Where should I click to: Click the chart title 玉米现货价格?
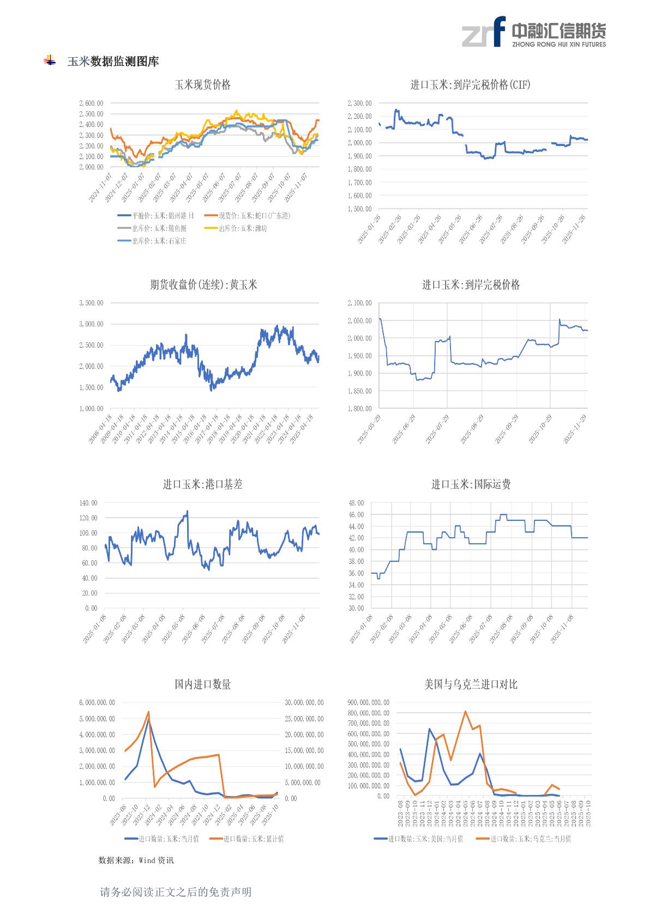pyautogui.click(x=202, y=85)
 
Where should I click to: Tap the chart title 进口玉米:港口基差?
pyautogui.click(x=202, y=484)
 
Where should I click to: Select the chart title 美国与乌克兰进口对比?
pyautogui.click(x=471, y=684)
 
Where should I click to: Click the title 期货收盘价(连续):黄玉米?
pyautogui.click(x=203, y=285)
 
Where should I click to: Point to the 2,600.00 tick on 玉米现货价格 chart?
pyautogui.click(x=91, y=103)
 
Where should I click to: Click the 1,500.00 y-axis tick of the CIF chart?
pyautogui.click(x=359, y=209)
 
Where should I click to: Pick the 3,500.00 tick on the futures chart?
pyautogui.click(x=91, y=303)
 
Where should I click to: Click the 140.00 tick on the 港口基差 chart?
pyautogui.click(x=89, y=503)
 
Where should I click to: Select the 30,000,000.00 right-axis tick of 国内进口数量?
pyautogui.click(x=304, y=703)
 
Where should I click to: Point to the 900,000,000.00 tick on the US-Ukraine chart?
pyautogui.click(x=369, y=703)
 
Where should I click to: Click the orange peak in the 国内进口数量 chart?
pyautogui.click(x=148, y=712)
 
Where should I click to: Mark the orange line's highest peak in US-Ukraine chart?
pyautogui.click(x=465, y=711)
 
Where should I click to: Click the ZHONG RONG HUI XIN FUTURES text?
pyautogui.click(x=558, y=45)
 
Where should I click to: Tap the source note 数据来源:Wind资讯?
pyautogui.click(x=136, y=860)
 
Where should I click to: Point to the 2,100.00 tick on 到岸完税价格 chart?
pyautogui.click(x=359, y=303)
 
